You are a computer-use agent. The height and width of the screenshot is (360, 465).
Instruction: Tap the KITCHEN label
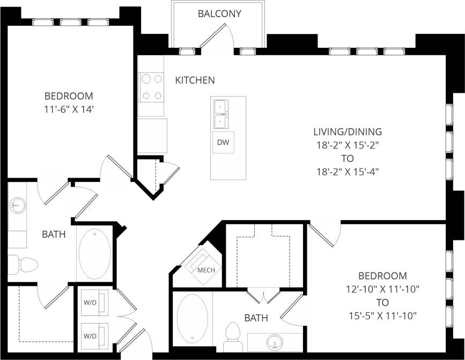195,80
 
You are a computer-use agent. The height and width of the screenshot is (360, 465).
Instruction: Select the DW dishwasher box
223,142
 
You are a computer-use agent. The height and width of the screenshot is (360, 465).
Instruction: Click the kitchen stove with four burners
151,87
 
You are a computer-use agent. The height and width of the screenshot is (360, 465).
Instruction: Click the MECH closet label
206,270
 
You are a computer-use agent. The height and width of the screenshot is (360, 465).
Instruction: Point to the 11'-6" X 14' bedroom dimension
69,109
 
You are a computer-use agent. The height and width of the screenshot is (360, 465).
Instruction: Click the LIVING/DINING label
348,131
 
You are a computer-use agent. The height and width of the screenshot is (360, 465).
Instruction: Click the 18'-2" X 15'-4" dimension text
348,172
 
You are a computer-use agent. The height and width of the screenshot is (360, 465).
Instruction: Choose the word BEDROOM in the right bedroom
382,276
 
